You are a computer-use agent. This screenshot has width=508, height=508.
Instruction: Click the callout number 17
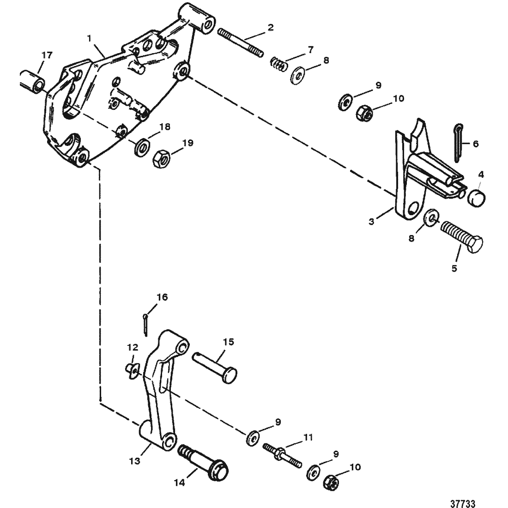click(x=47, y=55)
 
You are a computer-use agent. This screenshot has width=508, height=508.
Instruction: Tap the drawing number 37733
click(x=463, y=503)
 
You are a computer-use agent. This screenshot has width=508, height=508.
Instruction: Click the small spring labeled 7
click(x=279, y=64)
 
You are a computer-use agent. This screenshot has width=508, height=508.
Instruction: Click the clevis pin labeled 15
click(x=215, y=369)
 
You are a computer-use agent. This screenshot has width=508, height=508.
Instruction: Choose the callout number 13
click(x=135, y=460)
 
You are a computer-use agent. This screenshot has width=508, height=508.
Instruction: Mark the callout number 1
click(x=90, y=38)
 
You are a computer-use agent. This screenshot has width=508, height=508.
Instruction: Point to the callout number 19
click(x=188, y=143)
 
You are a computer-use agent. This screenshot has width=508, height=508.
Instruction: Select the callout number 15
click(x=229, y=342)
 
